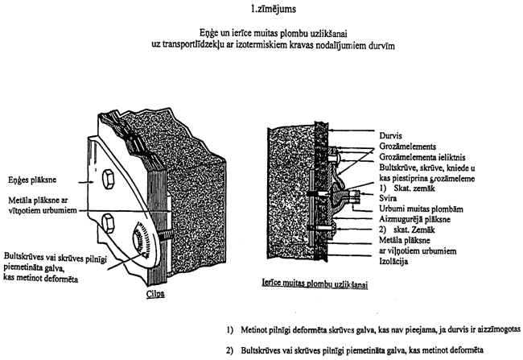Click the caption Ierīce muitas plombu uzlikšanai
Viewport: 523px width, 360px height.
[315, 283]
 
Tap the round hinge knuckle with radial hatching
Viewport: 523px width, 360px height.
[143, 239]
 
